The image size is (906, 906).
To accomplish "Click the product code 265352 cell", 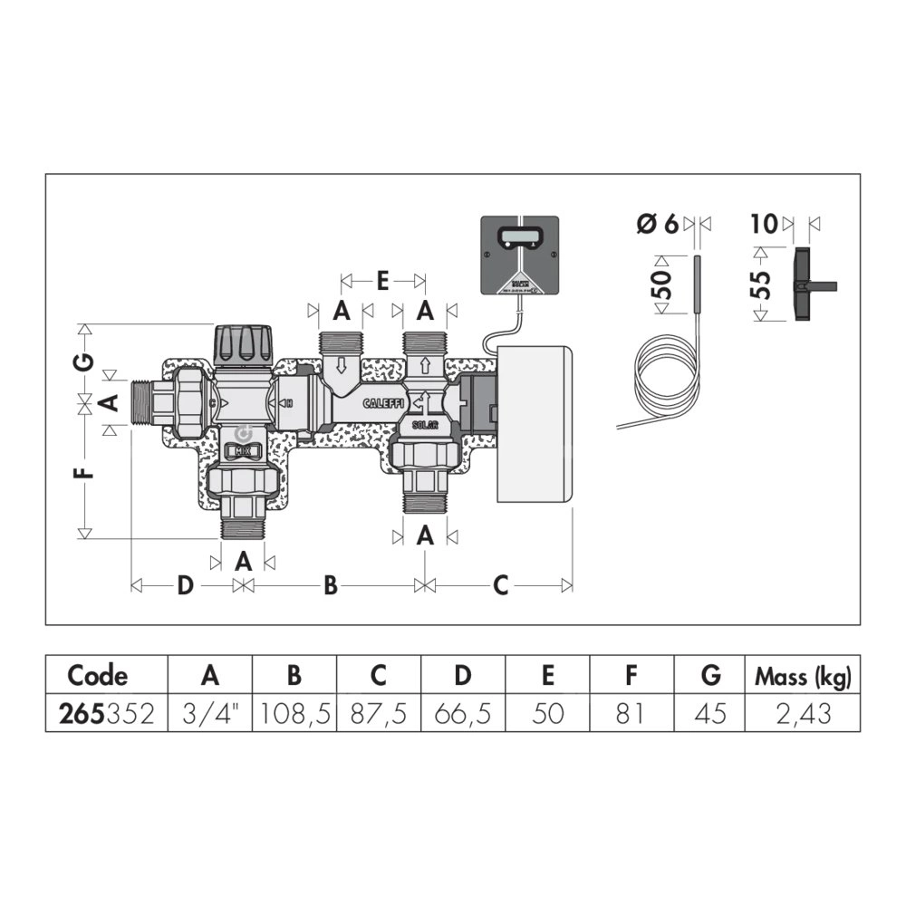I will coord(106,713).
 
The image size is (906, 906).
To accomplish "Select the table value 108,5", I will coord(294,713).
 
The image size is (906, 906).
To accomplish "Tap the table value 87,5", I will coord(379,713).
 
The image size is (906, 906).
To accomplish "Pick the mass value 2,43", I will coord(802,713).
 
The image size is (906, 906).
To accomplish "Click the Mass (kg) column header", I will coord(802,675).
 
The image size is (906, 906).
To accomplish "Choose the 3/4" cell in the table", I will coord(210,713).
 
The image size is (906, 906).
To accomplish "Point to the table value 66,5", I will coord(463,713).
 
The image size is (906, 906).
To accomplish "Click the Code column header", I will coord(98,675).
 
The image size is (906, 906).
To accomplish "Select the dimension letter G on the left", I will coord(83,361).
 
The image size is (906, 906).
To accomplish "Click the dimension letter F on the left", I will coord(83,475).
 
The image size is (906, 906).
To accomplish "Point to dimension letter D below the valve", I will coord(185,586).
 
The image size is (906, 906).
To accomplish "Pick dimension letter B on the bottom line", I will coord(331,586).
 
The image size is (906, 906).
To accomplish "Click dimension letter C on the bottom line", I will coord(500,586).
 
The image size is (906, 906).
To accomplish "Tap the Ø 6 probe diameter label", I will coord(657,224).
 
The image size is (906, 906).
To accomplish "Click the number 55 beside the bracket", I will coord(762,284).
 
